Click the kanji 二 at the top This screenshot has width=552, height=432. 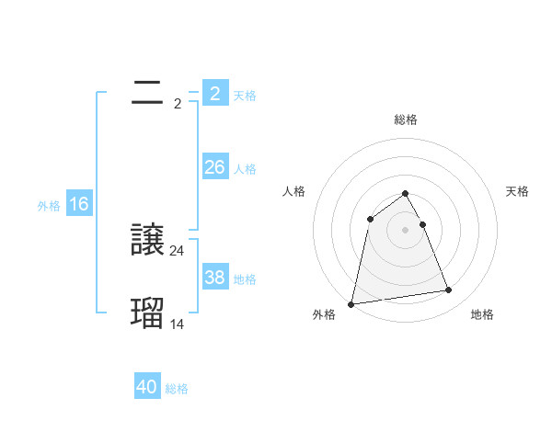[x=147, y=93]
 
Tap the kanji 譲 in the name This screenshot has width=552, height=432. [x=148, y=241]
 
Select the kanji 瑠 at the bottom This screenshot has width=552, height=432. [x=148, y=313]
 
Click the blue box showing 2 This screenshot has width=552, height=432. [x=214, y=94]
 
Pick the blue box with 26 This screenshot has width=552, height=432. [x=214, y=167]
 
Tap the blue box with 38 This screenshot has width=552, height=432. [x=214, y=278]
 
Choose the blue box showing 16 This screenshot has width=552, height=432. [x=79, y=204]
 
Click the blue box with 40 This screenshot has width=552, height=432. [x=146, y=387]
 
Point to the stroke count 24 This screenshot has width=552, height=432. [x=178, y=250]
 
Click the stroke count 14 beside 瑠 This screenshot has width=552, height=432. [x=178, y=324]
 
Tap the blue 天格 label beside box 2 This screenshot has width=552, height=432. [x=245, y=95]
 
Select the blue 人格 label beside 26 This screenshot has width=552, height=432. [x=245, y=169]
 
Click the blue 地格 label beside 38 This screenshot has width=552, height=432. [x=245, y=279]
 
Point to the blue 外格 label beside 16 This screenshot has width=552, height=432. [x=49, y=206]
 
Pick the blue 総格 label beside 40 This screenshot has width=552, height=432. [x=177, y=389]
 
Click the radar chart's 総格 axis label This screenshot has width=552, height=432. [x=406, y=119]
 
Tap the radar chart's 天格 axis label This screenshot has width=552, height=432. [x=517, y=191]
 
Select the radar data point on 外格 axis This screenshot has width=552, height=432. [x=351, y=303]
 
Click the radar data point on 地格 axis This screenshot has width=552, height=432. [x=449, y=290]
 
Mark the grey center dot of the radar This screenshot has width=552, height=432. [x=406, y=230]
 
